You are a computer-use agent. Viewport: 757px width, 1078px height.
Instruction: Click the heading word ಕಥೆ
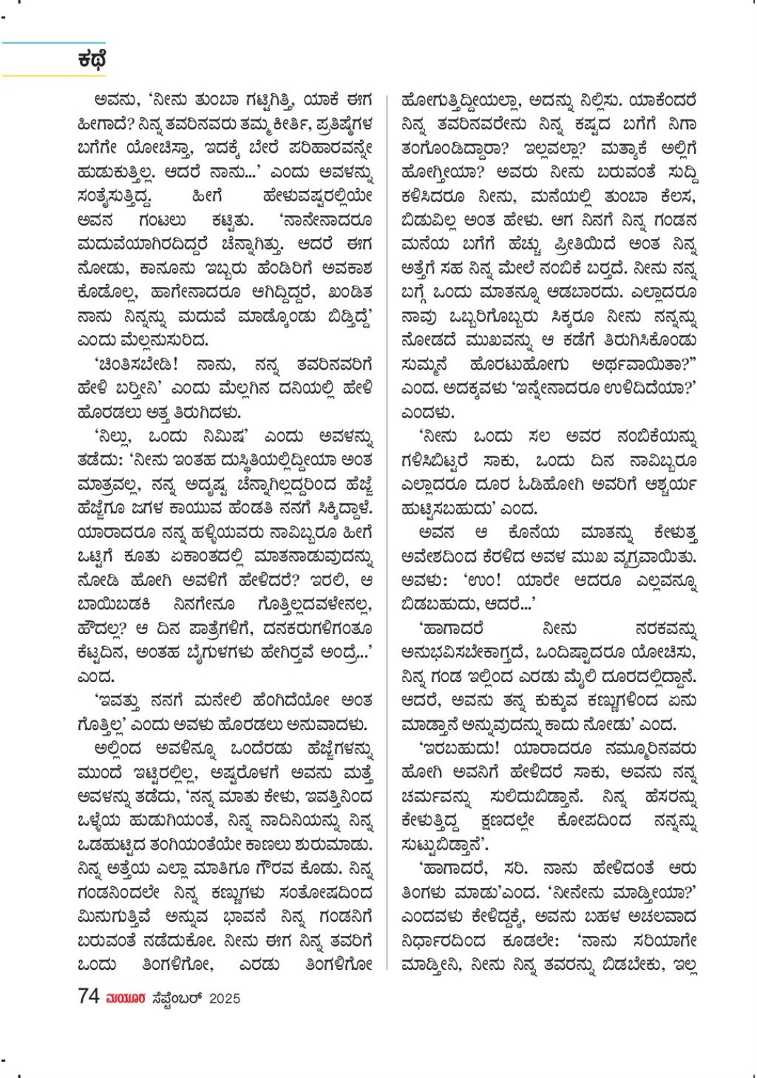(x=92, y=59)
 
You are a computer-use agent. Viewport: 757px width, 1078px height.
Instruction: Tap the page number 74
(x=88, y=997)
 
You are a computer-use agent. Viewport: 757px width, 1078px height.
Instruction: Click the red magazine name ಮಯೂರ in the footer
(x=126, y=998)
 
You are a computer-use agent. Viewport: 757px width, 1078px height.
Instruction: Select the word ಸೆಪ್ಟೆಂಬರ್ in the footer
(x=177, y=998)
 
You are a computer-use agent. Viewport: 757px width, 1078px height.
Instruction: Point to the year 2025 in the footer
(x=225, y=998)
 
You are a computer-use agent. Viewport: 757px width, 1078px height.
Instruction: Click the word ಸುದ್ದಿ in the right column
(x=677, y=172)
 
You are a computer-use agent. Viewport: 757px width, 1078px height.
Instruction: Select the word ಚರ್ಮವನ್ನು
(x=435, y=797)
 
